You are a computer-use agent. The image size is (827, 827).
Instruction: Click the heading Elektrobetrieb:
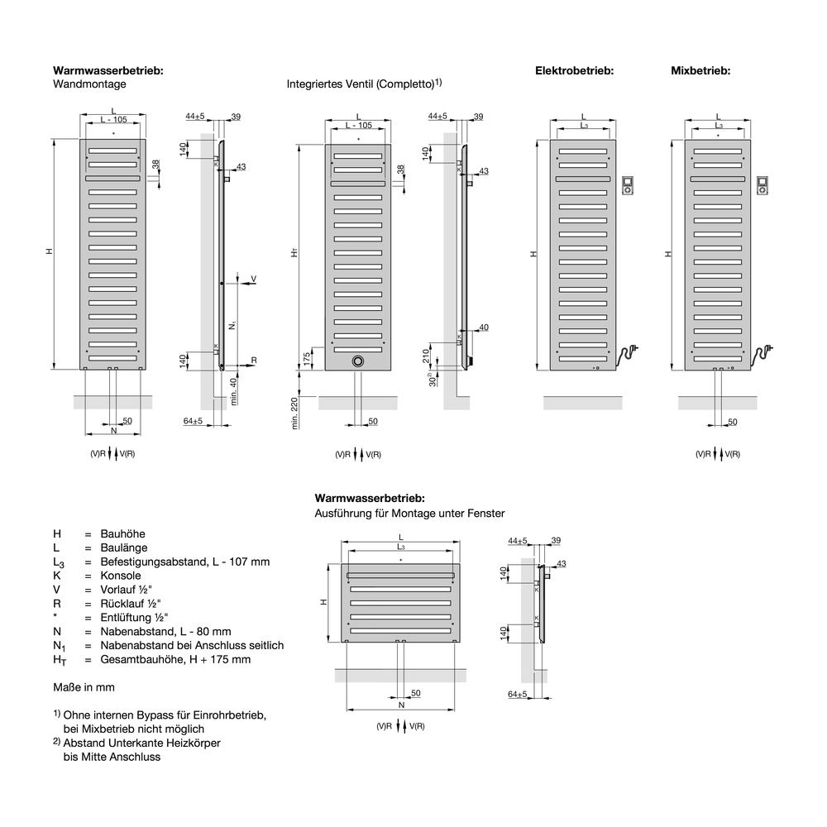[x=574, y=71]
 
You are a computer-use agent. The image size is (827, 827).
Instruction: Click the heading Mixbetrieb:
[x=700, y=71]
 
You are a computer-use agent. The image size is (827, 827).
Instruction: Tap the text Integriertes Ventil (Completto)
[x=361, y=84]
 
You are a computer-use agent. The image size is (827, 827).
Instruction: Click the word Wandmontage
[x=89, y=84]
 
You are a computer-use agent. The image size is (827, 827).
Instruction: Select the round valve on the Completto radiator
[x=358, y=361]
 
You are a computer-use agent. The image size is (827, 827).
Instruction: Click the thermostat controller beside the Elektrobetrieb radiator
[x=628, y=184]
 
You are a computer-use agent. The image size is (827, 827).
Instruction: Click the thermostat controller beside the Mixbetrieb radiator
[x=762, y=184]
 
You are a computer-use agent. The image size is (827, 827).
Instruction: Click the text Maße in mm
[x=84, y=686]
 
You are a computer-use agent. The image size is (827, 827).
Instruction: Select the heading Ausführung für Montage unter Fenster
[x=409, y=514]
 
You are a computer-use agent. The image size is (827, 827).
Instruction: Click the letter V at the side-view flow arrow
[x=253, y=279]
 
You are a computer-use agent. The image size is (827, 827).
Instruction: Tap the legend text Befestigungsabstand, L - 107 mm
[x=184, y=562]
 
